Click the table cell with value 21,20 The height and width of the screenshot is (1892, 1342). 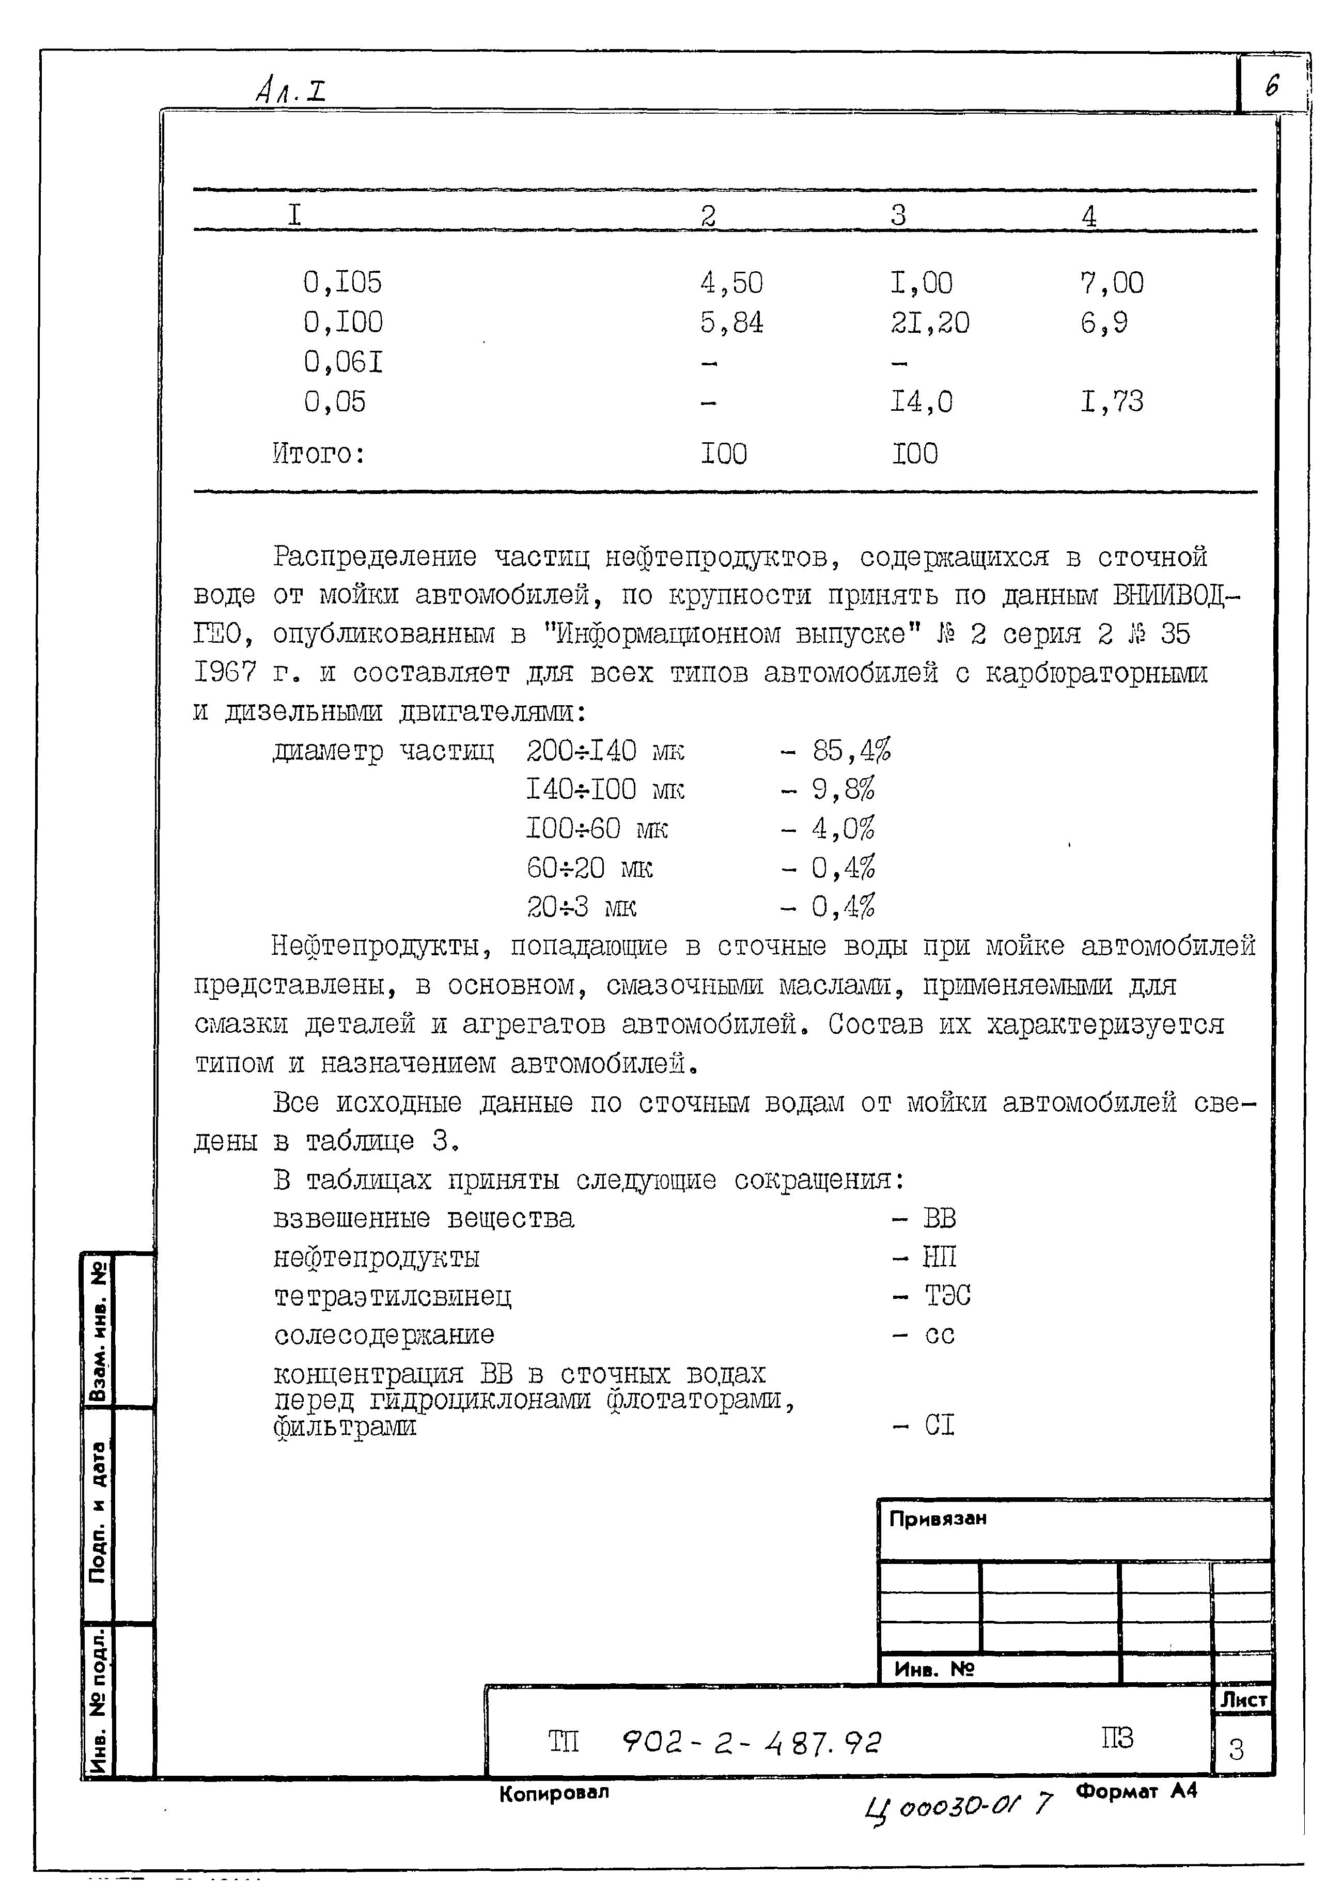click(930, 322)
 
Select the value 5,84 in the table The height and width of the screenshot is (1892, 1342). click(731, 322)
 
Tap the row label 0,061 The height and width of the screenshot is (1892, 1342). click(343, 362)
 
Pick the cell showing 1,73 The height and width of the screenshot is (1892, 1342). click(1112, 402)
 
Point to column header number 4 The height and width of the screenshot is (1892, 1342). click(1089, 216)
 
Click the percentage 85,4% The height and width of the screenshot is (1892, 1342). click(851, 751)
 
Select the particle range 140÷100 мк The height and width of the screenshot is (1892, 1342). click(605, 789)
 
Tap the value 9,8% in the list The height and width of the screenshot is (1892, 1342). click(843, 789)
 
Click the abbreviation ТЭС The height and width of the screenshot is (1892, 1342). click(947, 1295)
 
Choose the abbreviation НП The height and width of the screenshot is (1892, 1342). click(940, 1257)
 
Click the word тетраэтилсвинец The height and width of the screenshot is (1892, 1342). click(393, 1296)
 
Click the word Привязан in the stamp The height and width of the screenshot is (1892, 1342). click(937, 1518)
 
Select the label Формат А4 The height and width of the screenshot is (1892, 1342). click(1136, 1790)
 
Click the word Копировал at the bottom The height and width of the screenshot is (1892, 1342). click(554, 1792)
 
